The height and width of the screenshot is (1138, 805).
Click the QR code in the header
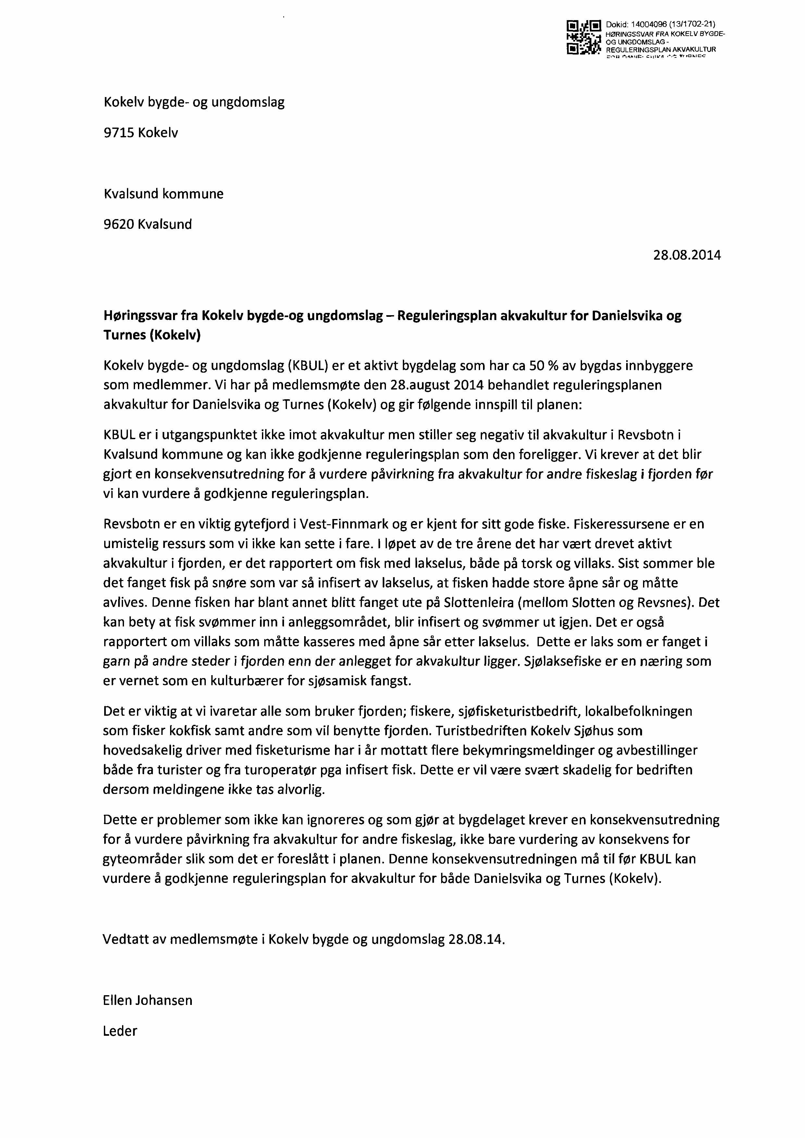tap(583, 38)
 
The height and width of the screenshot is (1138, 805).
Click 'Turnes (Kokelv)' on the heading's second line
tap(152, 336)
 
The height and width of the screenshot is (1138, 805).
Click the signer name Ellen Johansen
tap(147, 1000)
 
